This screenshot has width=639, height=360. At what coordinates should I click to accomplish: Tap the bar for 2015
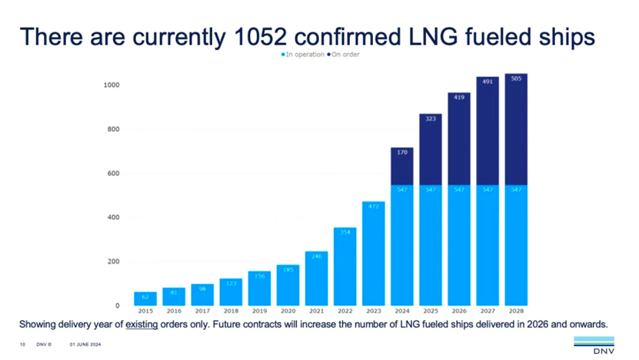[x=145, y=298]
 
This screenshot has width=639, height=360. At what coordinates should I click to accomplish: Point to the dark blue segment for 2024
[x=402, y=166]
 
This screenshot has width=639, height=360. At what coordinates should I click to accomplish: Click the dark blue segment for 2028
[x=516, y=129]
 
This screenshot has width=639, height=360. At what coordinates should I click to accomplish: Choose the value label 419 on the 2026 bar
[x=459, y=98]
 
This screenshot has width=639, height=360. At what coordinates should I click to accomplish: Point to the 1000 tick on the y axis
[x=113, y=85]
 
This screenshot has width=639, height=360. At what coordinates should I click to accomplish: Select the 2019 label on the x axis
[x=258, y=312]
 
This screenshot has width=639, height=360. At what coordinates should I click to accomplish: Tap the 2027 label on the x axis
[x=488, y=312]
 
